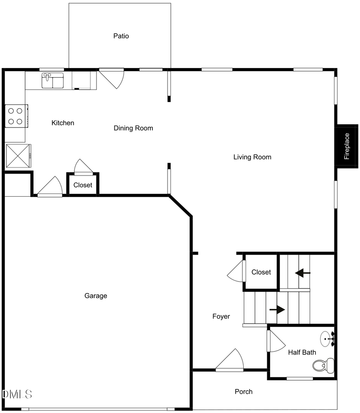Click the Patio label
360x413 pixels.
pyautogui.click(x=121, y=36)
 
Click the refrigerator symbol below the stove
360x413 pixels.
pyautogui.click(x=18, y=156)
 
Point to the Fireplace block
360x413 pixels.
pyautogui.click(x=346, y=146)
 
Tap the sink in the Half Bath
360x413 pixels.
pyautogui.click(x=328, y=339)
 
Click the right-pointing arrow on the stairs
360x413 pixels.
pyautogui.click(x=277, y=309)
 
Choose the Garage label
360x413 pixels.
pyautogui.click(x=96, y=296)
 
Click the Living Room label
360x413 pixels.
pyautogui.click(x=252, y=157)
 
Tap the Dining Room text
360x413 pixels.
pyautogui.click(x=133, y=128)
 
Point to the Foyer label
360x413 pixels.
pyautogui.click(x=221, y=317)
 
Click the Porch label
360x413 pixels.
pyautogui.click(x=243, y=392)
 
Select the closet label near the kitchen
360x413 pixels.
pyautogui.click(x=83, y=185)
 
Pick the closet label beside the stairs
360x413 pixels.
pyautogui.click(x=261, y=272)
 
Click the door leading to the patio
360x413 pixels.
pyautogui.click(x=113, y=77)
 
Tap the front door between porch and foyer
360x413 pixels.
pyautogui.click(x=231, y=361)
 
